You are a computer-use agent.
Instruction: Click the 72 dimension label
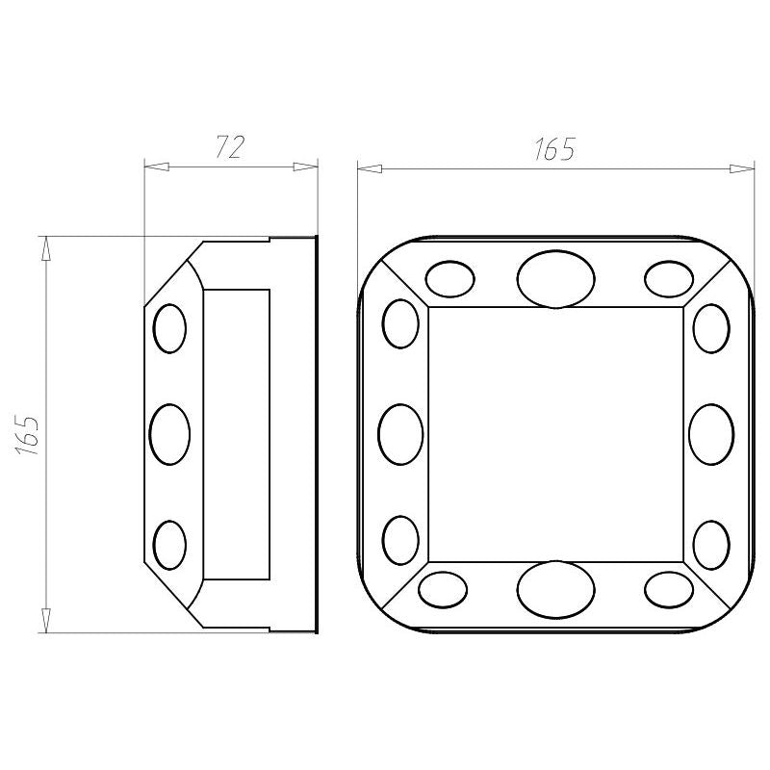coord(230,146)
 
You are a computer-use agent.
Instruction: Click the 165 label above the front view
coord(554,149)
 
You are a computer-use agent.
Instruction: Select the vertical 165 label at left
coord(28,436)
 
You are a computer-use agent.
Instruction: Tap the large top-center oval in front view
coord(555,279)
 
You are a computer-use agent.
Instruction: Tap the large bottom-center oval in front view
coord(555,589)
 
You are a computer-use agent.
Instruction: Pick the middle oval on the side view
coord(169,435)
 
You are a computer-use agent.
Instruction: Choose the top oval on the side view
coord(170,328)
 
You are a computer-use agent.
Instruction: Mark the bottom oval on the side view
coord(170,545)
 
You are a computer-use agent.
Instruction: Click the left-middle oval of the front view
coord(400,435)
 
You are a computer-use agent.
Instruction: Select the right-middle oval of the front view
coord(711,435)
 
